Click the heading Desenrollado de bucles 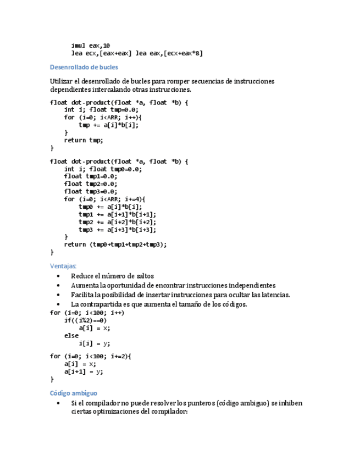84,68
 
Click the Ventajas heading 63,266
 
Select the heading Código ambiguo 74,393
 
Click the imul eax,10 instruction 91,45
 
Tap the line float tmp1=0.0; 91,176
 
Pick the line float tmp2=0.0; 91,184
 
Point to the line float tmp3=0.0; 91,192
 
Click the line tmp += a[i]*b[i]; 109,125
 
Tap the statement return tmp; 84,140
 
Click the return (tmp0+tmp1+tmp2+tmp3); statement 115,245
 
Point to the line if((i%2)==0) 85,320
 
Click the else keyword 71,335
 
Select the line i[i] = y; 95,343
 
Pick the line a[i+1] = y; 84,371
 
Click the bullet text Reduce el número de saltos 112,276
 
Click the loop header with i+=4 104,199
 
